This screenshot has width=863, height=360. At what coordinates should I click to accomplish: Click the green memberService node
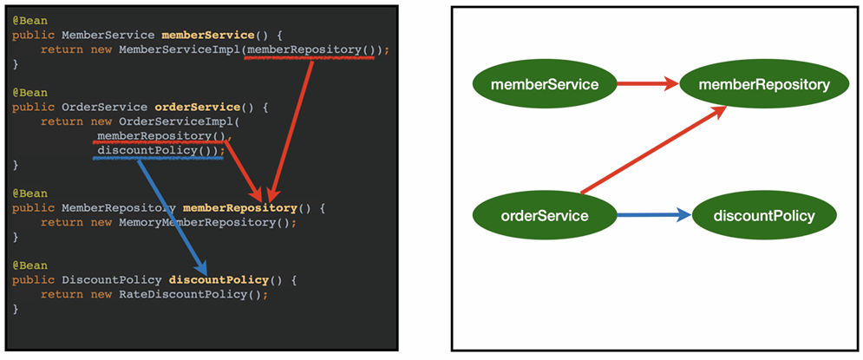[545, 84]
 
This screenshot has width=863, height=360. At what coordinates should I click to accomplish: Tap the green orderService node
[545, 215]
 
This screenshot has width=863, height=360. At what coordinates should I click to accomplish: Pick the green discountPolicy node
[764, 215]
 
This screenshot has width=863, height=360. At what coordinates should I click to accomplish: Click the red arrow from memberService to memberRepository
[647, 84]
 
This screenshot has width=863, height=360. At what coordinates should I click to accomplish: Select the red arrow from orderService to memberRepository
[651, 150]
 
